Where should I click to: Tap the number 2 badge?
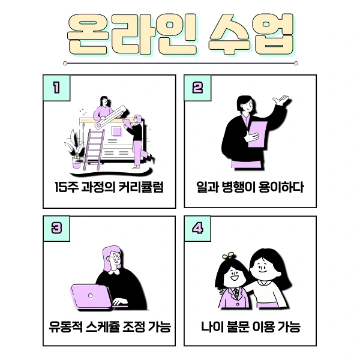coord(197,88)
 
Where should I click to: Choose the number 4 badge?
coord(197,229)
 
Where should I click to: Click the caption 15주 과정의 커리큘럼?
coord(109,187)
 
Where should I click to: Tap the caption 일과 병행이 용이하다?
coord(250,187)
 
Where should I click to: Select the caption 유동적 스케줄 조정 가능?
coord(109,328)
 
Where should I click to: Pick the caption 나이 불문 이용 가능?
coord(250,328)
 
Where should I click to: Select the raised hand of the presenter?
coord(280,100)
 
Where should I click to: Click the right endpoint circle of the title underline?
coord(296,62)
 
